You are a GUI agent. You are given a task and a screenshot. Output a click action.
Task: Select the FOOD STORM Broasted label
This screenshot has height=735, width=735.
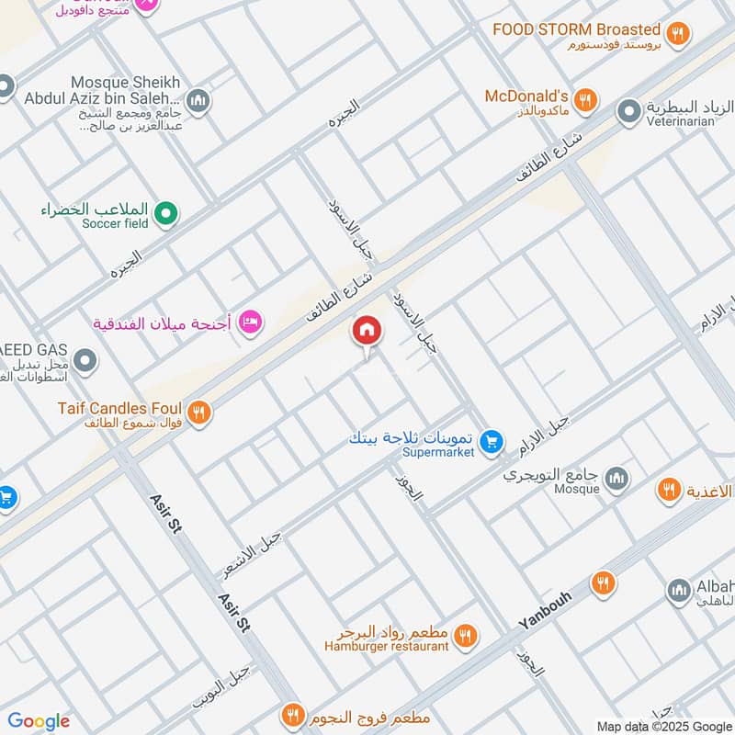(x=576, y=29)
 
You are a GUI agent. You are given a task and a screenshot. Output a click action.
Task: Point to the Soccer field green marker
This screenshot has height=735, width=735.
(x=165, y=214)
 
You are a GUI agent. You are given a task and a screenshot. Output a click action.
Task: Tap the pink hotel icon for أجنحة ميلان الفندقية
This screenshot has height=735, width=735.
(x=249, y=322)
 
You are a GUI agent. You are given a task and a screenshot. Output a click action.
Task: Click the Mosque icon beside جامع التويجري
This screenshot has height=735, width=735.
(x=616, y=479)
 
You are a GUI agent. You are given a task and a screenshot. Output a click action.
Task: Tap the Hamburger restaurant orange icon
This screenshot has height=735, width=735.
(x=466, y=636)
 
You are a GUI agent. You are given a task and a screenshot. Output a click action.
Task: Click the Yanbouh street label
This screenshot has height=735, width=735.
(x=545, y=610)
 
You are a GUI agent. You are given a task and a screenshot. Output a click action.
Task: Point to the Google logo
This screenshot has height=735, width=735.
(x=39, y=721)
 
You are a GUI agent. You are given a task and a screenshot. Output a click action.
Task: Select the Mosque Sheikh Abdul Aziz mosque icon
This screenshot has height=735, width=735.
(x=197, y=98)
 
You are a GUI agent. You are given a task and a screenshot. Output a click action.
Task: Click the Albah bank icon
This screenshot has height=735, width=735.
(x=678, y=589)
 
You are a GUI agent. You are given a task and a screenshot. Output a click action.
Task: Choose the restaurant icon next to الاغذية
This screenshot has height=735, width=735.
(x=669, y=489)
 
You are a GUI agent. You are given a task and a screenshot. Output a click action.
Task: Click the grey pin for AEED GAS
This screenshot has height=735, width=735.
(x=85, y=361)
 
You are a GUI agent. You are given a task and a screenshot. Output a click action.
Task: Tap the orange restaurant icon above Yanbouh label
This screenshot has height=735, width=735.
(x=603, y=582)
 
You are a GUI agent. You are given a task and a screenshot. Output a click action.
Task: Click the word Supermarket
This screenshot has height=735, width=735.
(x=438, y=453)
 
